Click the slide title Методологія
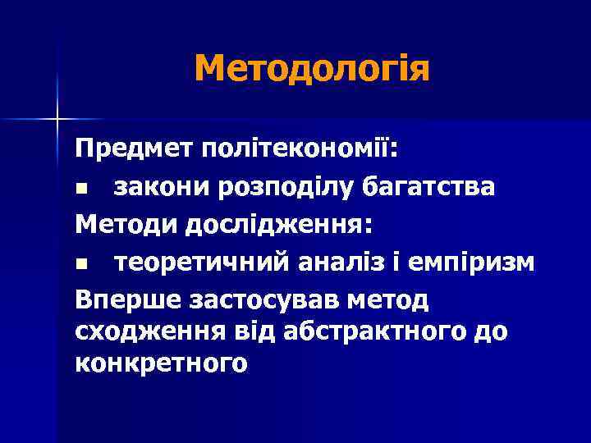tap(312, 68)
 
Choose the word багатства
tap(433, 188)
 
